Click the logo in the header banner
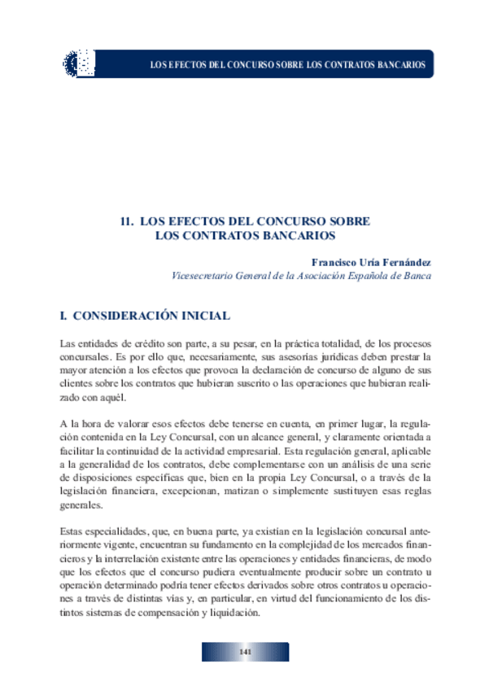coord(79,63)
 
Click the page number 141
coord(244,653)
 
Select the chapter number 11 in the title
coord(126,221)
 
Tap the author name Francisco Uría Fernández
coord(371,263)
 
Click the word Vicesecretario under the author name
coord(203,276)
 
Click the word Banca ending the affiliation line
coord(416,276)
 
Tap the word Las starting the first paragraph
coord(69,345)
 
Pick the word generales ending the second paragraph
coord(81,504)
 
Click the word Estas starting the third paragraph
coord(74,531)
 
